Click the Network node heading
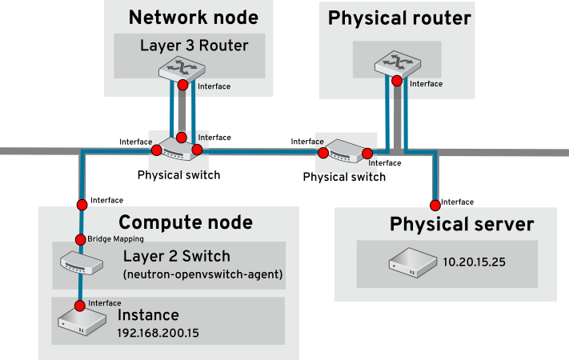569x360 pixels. click(193, 18)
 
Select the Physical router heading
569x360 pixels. click(399, 18)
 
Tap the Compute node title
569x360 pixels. click(186, 222)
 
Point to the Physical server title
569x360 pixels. click(461, 224)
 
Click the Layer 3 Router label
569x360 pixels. click(194, 46)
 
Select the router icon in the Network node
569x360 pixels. click(182, 67)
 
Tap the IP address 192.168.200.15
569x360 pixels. click(158, 332)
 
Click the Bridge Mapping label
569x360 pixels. click(115, 239)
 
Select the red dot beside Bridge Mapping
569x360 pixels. click(80, 239)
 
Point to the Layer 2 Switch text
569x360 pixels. click(176, 257)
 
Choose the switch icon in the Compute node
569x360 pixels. click(81, 262)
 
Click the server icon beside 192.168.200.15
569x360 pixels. click(82, 322)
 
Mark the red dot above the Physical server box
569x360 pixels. click(435, 204)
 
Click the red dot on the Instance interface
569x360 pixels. click(80, 306)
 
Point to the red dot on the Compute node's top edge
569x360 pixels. click(81, 205)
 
